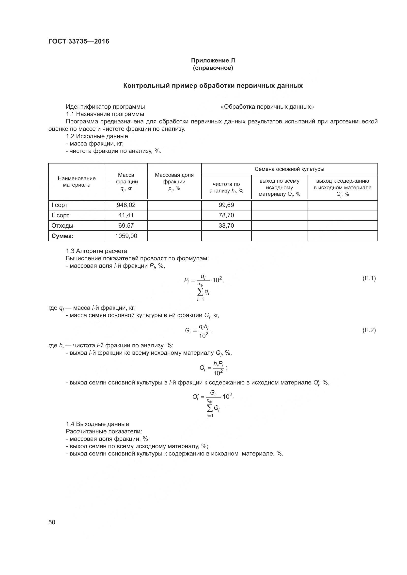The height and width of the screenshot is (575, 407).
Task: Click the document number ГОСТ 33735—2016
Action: coord(79,41)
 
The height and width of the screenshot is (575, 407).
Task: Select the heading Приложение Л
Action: coord(213,60)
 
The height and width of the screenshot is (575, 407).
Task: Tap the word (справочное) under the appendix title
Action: coord(213,68)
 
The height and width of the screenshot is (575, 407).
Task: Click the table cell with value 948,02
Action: coord(126,205)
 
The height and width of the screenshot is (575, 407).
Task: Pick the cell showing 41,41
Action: coord(126,215)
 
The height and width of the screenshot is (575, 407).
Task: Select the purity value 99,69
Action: coord(226,205)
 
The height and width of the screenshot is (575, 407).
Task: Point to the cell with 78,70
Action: coord(226,215)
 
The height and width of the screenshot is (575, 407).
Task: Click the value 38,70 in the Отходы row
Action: coord(226,226)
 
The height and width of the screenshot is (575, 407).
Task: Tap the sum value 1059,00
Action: coord(126,236)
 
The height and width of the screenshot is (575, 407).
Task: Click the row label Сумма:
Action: coord(63,236)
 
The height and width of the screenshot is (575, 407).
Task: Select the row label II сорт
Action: coord(60,215)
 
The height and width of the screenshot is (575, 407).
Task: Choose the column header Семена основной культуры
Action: coord(289,169)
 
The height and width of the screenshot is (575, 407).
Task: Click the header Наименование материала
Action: coord(77,182)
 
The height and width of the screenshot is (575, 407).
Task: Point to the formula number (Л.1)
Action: coord(369,278)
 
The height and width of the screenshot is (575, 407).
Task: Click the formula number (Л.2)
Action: coord(369,330)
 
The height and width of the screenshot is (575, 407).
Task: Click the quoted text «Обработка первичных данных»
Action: coord(267,107)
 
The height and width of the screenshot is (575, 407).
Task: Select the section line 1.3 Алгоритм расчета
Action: coord(96,251)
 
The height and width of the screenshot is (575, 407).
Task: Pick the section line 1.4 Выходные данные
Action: coord(97,424)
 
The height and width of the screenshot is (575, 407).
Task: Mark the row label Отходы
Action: coord(63,226)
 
